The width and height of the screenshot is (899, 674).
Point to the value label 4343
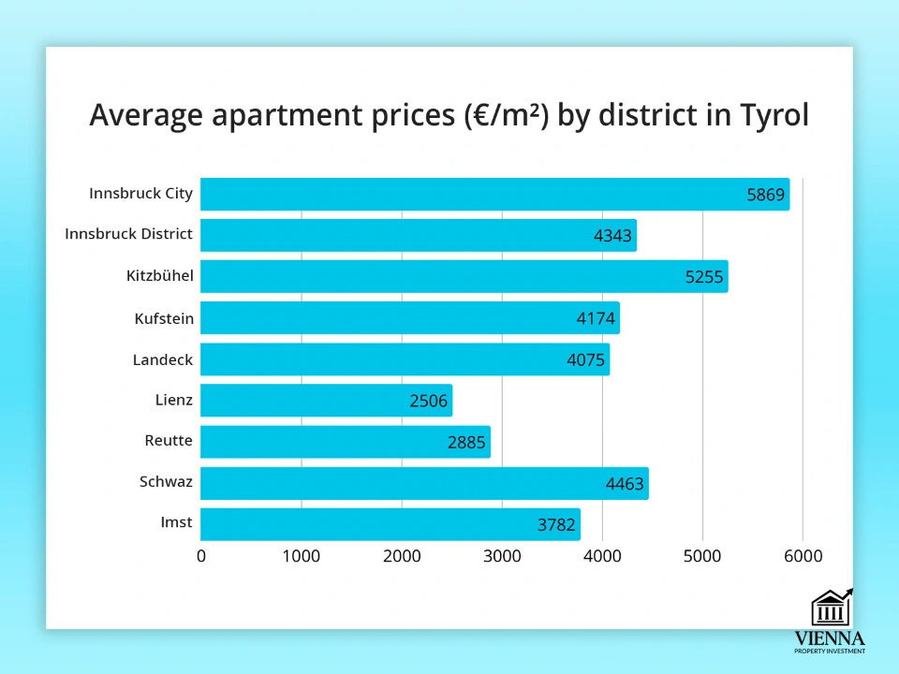tap(614, 236)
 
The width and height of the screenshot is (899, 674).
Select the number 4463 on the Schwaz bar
tap(626, 484)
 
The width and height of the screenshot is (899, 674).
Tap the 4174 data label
tap(597, 318)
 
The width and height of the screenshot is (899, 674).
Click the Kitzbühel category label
tap(159, 276)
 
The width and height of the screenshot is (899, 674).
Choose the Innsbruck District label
tap(128, 234)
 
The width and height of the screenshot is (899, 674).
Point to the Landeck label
tap(163, 359)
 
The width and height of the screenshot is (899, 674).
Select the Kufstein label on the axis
tap(164, 318)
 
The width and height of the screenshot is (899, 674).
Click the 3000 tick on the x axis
tap(502, 556)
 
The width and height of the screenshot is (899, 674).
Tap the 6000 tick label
tap(803, 556)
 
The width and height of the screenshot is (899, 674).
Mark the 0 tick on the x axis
tap(201, 556)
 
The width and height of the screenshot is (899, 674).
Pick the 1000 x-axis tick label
tap(302, 556)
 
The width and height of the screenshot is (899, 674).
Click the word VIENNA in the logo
tap(830, 638)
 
